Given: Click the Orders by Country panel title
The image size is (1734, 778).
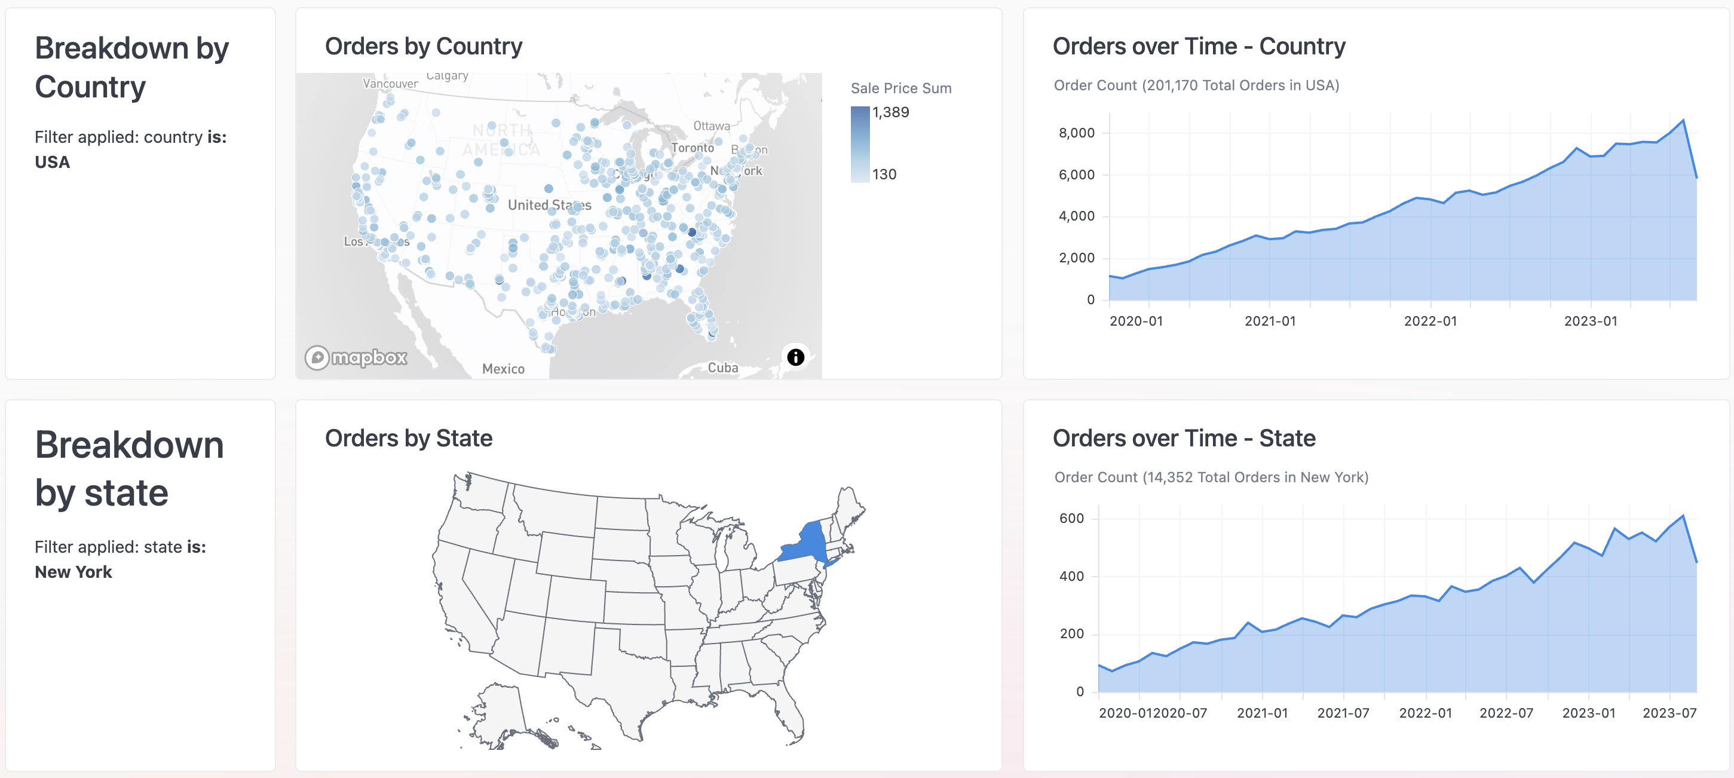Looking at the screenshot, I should pyautogui.click(x=424, y=47).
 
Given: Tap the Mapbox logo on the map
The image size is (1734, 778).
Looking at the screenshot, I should pyautogui.click(x=356, y=357).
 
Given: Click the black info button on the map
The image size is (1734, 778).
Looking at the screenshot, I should pyautogui.click(x=795, y=357).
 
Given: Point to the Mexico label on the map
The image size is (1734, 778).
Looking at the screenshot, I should pyautogui.click(x=503, y=369).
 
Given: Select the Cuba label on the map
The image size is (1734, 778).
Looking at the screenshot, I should pyautogui.click(x=722, y=367).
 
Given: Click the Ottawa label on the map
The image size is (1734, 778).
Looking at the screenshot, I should pyautogui.click(x=711, y=126).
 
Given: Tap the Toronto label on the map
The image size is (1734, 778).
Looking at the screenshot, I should pyautogui.click(x=692, y=148).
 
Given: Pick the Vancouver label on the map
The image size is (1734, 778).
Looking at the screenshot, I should pyautogui.click(x=390, y=84).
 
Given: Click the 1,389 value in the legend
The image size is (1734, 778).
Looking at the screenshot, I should pyautogui.click(x=890, y=112).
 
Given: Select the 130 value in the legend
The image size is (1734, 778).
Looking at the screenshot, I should pyautogui.click(x=884, y=174).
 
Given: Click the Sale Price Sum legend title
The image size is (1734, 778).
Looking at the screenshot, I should pyautogui.click(x=900, y=88).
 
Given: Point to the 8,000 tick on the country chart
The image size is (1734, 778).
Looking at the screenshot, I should pyautogui.click(x=1076, y=133).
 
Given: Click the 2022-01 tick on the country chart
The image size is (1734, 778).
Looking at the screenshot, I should pyautogui.click(x=1430, y=321).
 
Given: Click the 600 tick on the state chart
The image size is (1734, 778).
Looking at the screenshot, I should pyautogui.click(x=1071, y=518).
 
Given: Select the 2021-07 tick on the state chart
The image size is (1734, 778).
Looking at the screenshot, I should pyautogui.click(x=1342, y=713).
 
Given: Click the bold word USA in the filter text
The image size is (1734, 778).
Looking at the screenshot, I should pyautogui.click(x=53, y=162).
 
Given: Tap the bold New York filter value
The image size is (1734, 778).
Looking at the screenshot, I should pyautogui.click(x=73, y=572).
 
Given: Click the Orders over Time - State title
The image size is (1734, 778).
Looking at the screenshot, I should pyautogui.click(x=1183, y=438).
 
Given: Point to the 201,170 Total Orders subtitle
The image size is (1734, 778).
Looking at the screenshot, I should pyautogui.click(x=1196, y=85).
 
